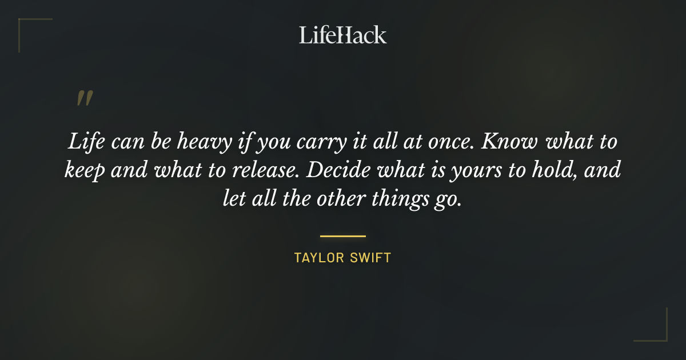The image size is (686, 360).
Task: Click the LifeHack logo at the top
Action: coord(342,35)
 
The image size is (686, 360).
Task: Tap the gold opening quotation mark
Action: coord(84,99)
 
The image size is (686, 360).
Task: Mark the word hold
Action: coord(554,170)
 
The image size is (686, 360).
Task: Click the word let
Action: coord(233,200)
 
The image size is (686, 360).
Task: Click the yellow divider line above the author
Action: coord(342,235)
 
